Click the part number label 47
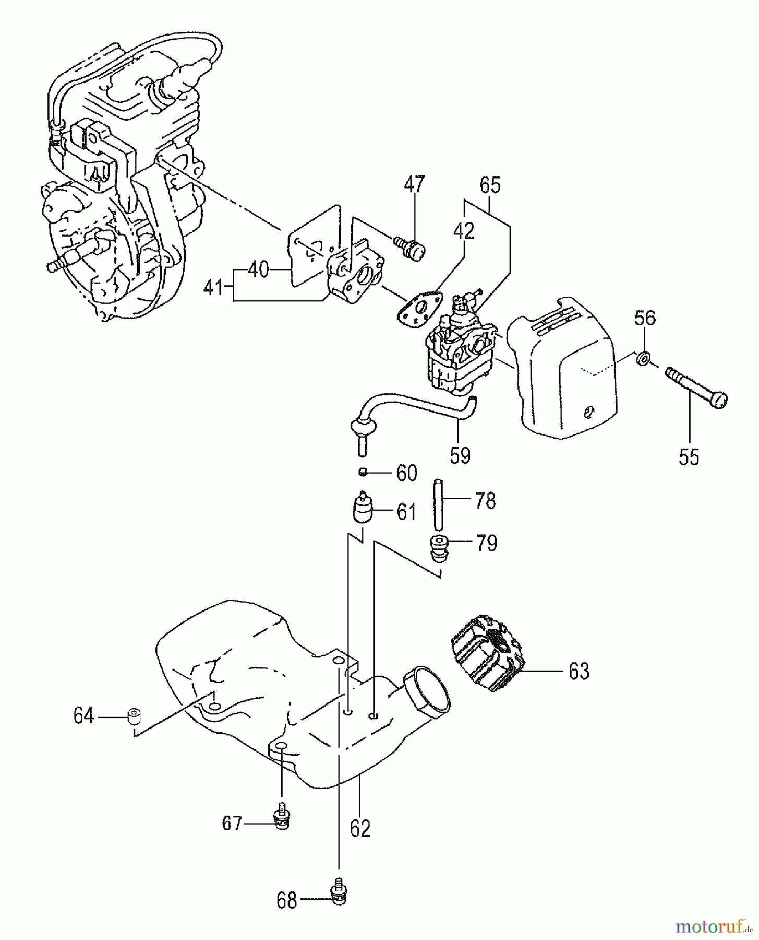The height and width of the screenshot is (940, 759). (415, 185)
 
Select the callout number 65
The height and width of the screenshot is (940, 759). (490, 185)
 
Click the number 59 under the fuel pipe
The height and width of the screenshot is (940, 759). (460, 455)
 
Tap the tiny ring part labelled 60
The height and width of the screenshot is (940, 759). (362, 472)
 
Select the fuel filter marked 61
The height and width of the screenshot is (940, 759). (360, 510)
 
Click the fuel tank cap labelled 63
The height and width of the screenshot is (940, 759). (486, 652)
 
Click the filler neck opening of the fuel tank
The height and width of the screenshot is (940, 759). (428, 692)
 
